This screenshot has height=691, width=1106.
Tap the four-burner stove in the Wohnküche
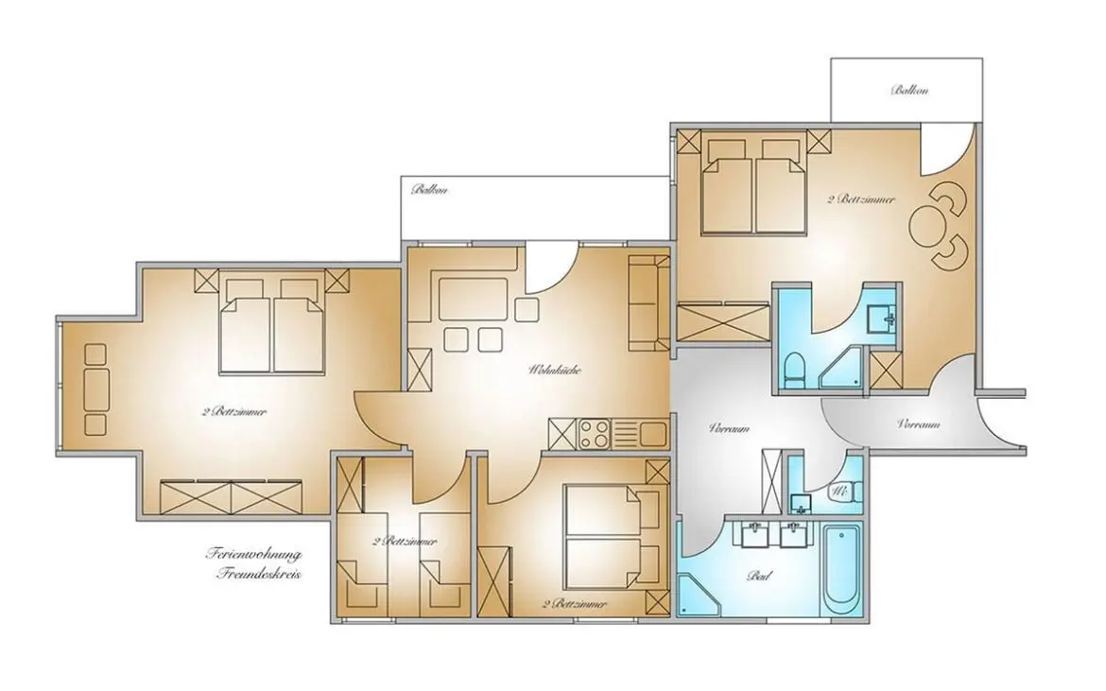point(594,435)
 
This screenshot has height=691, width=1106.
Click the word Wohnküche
point(554,371)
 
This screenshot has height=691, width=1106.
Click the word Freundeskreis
point(257,573)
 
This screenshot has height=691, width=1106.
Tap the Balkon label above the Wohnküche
point(428,190)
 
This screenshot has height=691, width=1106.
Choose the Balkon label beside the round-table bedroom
point(909,91)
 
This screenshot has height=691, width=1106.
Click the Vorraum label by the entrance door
point(918,424)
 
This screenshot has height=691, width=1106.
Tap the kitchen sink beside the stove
point(651,435)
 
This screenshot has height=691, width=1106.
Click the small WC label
point(838,492)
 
